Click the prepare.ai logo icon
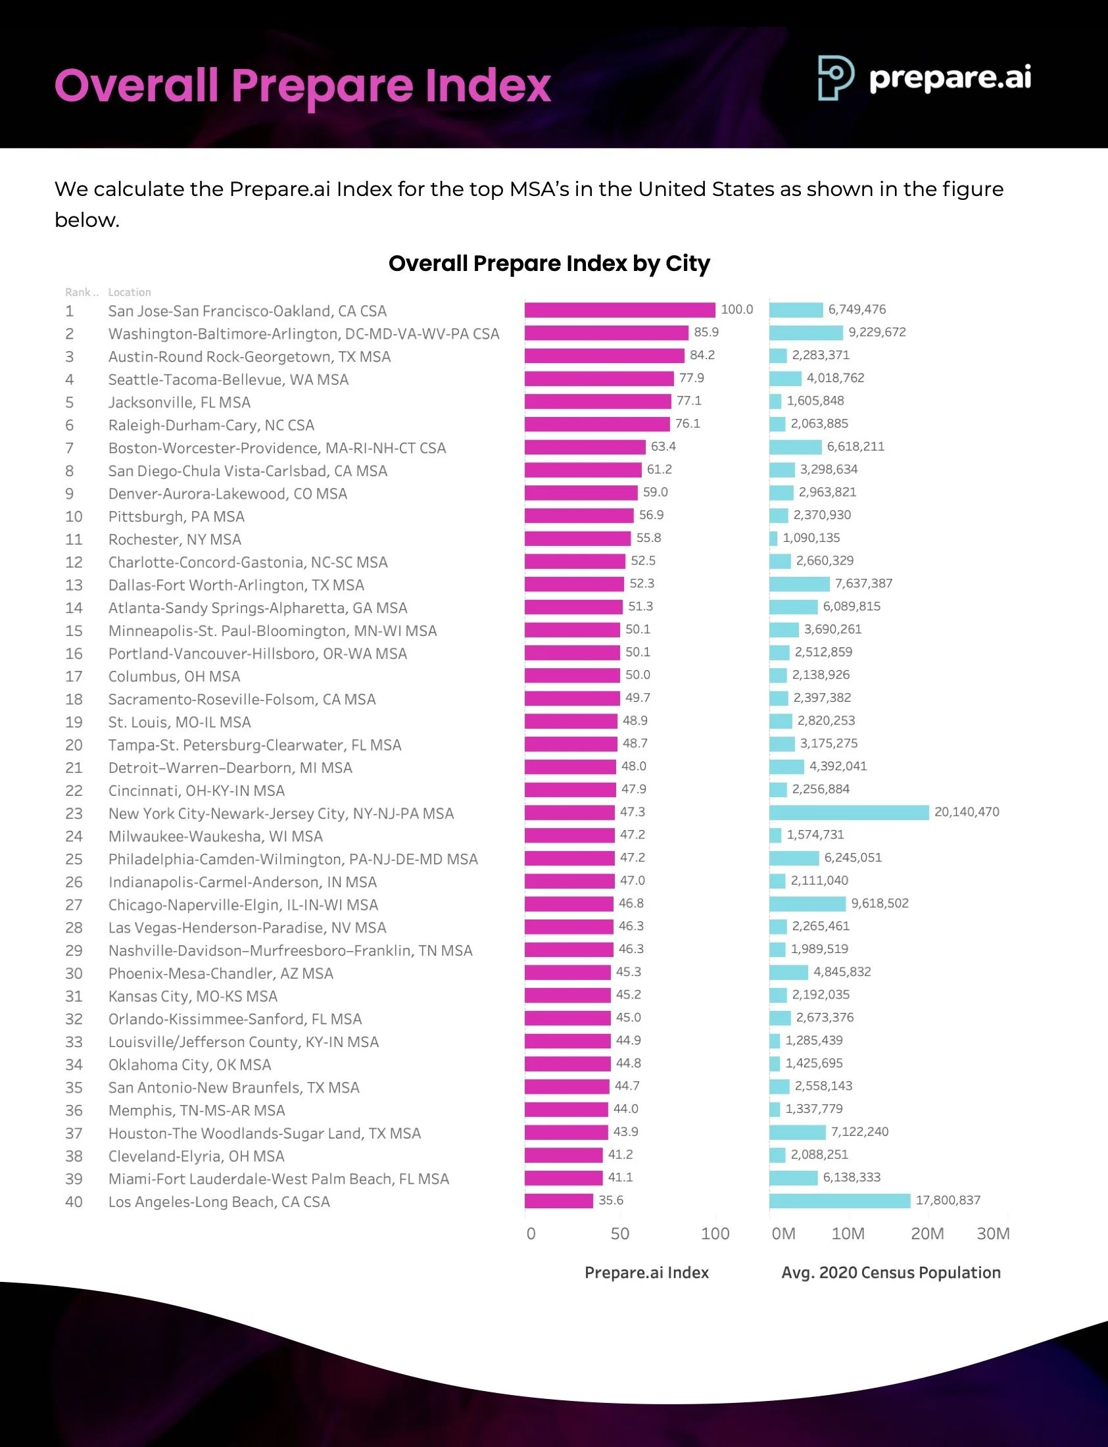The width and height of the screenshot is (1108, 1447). point(836,77)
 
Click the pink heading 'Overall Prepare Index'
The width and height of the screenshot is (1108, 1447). point(302,86)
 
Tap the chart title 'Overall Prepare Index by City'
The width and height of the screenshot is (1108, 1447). point(548,263)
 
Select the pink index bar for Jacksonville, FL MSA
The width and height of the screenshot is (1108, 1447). point(598,401)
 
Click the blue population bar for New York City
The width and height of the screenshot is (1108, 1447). point(849,812)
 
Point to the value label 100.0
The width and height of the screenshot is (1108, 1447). point(736,309)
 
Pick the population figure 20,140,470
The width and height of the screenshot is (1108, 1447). point(966,812)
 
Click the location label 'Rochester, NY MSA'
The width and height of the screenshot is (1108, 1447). point(175,539)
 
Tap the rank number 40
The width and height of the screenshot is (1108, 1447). point(74,1202)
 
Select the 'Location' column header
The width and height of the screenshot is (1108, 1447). point(130,292)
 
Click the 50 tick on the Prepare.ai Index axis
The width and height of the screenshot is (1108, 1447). point(620,1233)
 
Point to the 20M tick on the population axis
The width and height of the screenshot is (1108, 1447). point(927,1233)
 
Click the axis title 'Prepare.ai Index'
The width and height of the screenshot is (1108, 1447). point(646,1272)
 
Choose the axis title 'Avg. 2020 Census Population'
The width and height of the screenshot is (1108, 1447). point(890,1272)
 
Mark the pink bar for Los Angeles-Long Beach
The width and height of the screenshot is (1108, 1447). point(559,1201)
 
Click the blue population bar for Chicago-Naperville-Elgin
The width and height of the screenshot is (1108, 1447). point(807,904)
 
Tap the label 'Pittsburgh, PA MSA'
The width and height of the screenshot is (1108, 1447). point(176,516)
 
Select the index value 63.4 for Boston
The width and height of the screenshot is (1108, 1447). point(663,447)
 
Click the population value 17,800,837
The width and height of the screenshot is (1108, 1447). point(948,1200)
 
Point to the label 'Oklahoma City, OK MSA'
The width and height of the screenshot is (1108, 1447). point(189,1064)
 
